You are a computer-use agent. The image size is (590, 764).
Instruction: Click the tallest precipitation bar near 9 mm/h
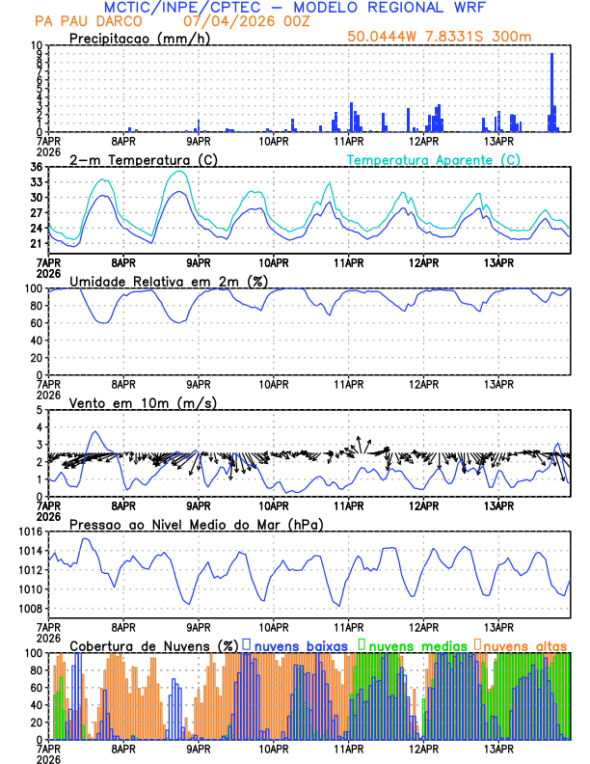coord(551,92)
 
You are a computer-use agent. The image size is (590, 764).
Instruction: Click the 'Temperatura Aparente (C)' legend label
coord(433,159)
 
